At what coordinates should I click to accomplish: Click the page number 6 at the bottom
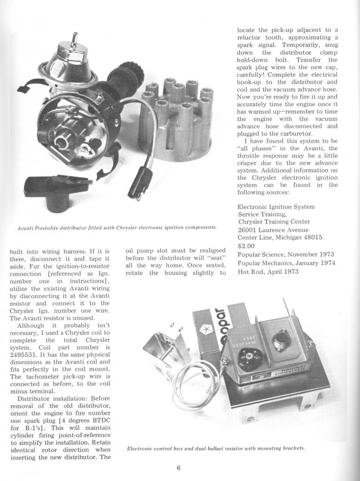click(x=179, y=467)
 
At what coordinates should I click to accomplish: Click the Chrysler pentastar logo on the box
click(x=206, y=330)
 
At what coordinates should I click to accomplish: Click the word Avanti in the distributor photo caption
click(x=26, y=227)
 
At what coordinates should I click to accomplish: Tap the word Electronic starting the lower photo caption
click(x=141, y=448)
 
